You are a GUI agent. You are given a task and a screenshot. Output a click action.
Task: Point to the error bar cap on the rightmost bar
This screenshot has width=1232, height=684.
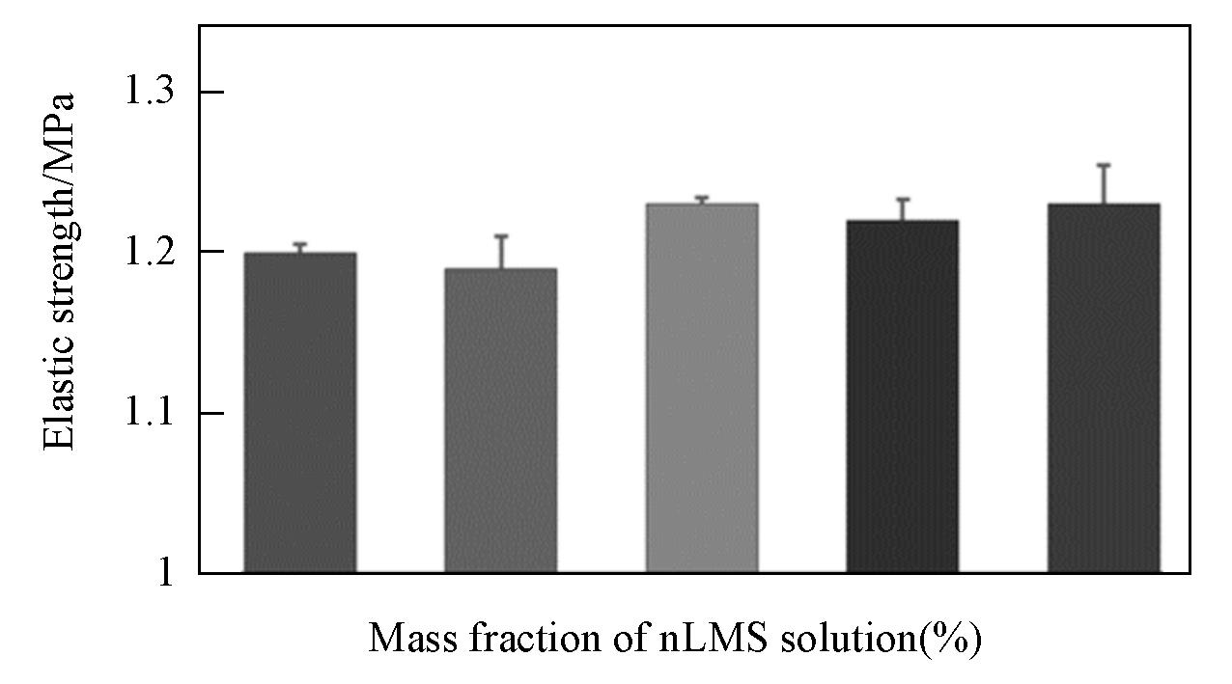1103,166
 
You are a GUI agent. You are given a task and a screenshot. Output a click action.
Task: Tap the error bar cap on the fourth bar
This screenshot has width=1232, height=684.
902,200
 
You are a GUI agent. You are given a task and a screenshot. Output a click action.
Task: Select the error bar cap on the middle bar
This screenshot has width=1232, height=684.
701,198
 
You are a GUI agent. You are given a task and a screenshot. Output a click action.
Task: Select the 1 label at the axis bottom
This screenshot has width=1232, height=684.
165,573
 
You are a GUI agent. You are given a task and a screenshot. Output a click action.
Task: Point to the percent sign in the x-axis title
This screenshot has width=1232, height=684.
951,638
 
